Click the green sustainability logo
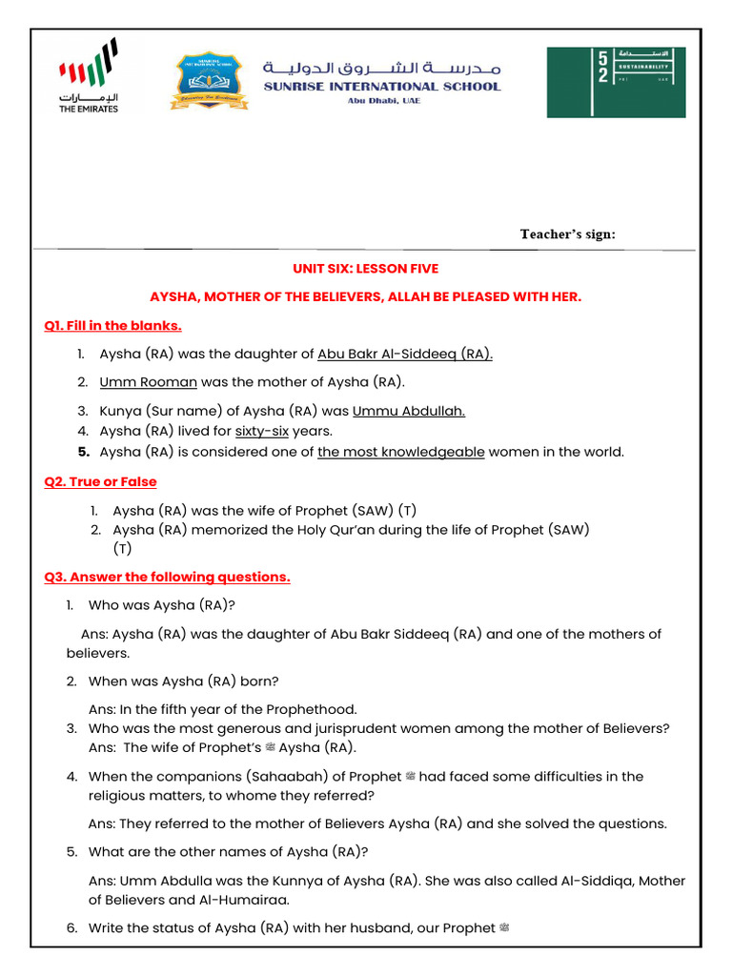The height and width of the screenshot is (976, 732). [x=616, y=82]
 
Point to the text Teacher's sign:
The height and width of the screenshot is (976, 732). [x=567, y=234]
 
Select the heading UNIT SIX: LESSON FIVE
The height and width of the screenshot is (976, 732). [x=365, y=269]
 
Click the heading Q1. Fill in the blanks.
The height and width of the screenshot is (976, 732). [x=113, y=326]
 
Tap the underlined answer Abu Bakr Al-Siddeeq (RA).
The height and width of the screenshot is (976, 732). [x=405, y=354]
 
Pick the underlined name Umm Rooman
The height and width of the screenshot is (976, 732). [x=148, y=382]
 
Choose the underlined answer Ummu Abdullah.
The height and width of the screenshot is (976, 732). [x=408, y=412]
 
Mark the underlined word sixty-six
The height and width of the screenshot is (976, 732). [x=261, y=431]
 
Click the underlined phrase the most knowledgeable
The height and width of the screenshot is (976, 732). [x=400, y=452]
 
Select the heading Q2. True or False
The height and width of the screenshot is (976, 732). [x=101, y=482]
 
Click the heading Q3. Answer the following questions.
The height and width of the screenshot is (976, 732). [x=168, y=577]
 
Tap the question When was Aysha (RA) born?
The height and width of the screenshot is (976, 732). [x=183, y=681]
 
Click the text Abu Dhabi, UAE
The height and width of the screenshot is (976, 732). [x=383, y=100]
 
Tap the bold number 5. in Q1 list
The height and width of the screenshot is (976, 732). [x=84, y=452]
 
